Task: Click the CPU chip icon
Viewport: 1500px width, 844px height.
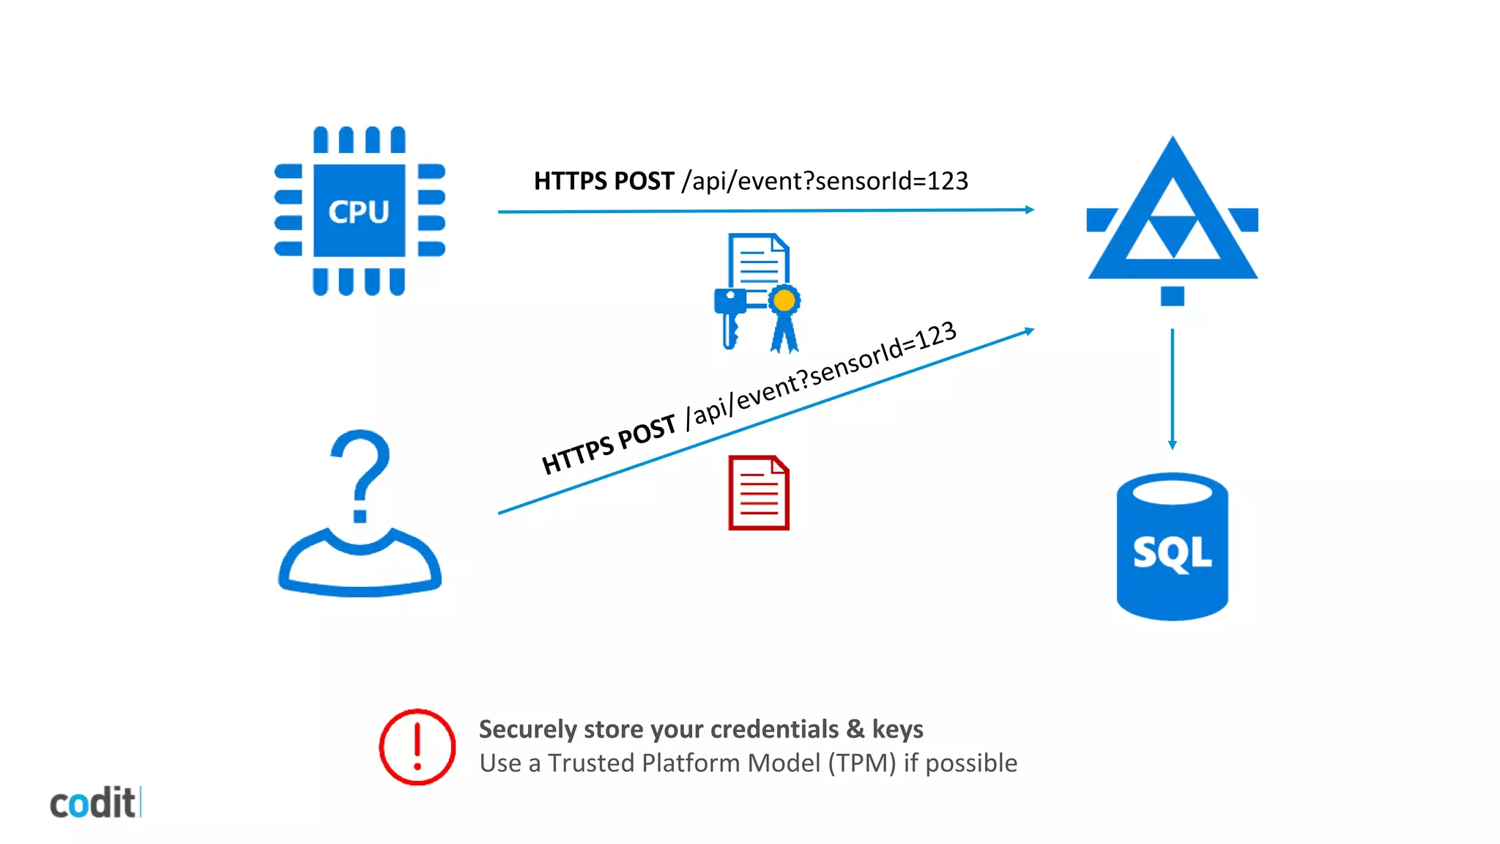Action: pyautogui.click(x=359, y=211)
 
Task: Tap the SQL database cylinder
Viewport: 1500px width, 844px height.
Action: pyautogui.click(x=1172, y=547)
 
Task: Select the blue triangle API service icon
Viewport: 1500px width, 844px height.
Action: pyautogui.click(x=1172, y=220)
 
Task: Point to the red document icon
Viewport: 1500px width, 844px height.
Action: pyautogui.click(x=759, y=493)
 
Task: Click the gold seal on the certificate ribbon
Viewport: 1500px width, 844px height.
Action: pyautogui.click(x=784, y=300)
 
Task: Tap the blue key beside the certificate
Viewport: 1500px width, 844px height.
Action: pyautogui.click(x=729, y=315)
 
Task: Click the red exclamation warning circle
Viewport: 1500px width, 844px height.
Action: pyautogui.click(x=417, y=747)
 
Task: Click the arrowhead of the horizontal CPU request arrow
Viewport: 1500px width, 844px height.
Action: pyautogui.click(x=1030, y=210)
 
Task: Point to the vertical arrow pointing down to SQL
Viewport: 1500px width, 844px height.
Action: pyautogui.click(x=1172, y=388)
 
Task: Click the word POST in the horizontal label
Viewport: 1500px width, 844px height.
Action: pyautogui.click(x=644, y=181)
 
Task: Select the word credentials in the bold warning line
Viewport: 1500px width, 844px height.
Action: pyautogui.click(x=774, y=729)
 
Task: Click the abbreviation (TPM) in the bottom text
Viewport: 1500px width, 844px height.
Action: pyautogui.click(x=862, y=763)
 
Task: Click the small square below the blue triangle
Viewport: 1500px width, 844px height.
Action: pyautogui.click(x=1172, y=296)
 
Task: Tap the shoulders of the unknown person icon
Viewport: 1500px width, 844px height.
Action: pyautogui.click(x=360, y=568)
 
